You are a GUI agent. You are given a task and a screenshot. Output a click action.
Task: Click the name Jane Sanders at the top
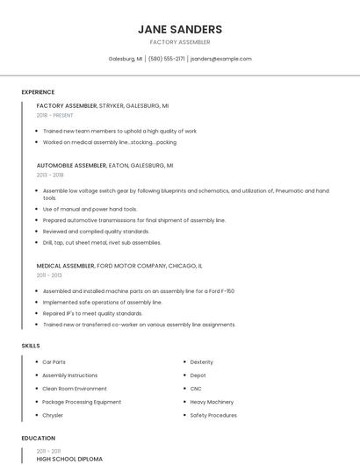(x=180, y=29)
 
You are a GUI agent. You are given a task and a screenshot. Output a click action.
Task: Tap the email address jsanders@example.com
(x=221, y=59)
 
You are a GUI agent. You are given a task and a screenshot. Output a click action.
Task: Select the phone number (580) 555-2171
(x=167, y=59)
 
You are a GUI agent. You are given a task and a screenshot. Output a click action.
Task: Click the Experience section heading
(x=38, y=92)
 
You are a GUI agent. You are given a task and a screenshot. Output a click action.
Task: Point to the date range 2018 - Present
(x=54, y=115)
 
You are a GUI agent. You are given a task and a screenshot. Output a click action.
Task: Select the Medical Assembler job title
(x=65, y=265)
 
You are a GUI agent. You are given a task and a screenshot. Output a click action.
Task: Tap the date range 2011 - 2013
(x=49, y=275)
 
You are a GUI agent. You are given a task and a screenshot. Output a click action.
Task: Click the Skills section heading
(x=31, y=346)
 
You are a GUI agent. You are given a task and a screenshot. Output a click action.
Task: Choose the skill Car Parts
(x=54, y=361)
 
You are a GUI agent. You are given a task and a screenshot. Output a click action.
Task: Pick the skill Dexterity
(x=201, y=361)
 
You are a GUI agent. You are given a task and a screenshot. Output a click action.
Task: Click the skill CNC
(x=197, y=388)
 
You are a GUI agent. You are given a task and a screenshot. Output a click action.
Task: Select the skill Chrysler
(x=53, y=415)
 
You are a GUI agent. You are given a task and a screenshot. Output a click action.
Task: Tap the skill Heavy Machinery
(x=212, y=402)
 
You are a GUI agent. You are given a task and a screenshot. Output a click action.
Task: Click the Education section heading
(x=38, y=438)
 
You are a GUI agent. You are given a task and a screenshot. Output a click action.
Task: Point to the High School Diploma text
(x=69, y=459)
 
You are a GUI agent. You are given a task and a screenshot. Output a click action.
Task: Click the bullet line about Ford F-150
(x=138, y=291)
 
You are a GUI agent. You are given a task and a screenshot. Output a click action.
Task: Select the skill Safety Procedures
(x=213, y=415)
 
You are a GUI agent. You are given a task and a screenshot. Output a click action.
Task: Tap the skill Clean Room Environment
(x=75, y=388)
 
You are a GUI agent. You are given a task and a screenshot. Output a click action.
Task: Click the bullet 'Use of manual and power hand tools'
(x=90, y=210)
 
